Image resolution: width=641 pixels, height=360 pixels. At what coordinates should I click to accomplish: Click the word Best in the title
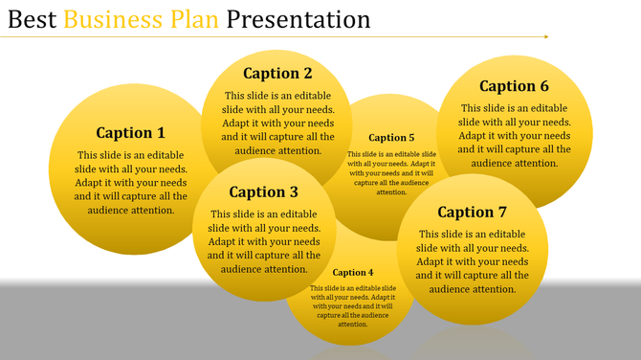tap(29, 19)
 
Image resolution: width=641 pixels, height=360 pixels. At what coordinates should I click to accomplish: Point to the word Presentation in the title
tap(298, 19)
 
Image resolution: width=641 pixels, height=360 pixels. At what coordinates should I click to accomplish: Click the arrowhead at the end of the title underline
tap(545, 37)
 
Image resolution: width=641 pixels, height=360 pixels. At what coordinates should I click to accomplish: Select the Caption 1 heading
tap(131, 133)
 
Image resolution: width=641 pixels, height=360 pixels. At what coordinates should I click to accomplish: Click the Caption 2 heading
tap(277, 74)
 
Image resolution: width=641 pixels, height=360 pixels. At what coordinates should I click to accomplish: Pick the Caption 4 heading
tap(353, 273)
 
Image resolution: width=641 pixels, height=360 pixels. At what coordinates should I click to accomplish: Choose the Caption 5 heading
tap(391, 138)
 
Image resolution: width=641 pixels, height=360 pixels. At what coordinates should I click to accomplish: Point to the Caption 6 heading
tap(514, 86)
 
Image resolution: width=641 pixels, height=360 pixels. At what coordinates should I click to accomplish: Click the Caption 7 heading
tap(473, 212)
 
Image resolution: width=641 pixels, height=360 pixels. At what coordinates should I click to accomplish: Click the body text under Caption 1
tap(131, 182)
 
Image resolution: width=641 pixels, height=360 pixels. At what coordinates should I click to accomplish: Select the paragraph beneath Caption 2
tap(278, 123)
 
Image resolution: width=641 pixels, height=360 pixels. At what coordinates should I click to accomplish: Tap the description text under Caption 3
tap(264, 241)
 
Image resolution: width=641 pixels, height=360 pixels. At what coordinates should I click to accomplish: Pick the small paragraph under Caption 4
tap(353, 305)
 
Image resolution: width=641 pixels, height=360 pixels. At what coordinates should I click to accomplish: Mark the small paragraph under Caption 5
tap(391, 172)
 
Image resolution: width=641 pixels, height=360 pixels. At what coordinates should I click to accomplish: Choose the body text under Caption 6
tap(515, 135)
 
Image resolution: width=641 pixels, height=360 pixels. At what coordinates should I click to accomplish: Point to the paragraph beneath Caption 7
tap(473, 261)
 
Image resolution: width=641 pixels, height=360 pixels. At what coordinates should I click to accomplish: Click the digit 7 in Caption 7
tap(501, 212)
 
